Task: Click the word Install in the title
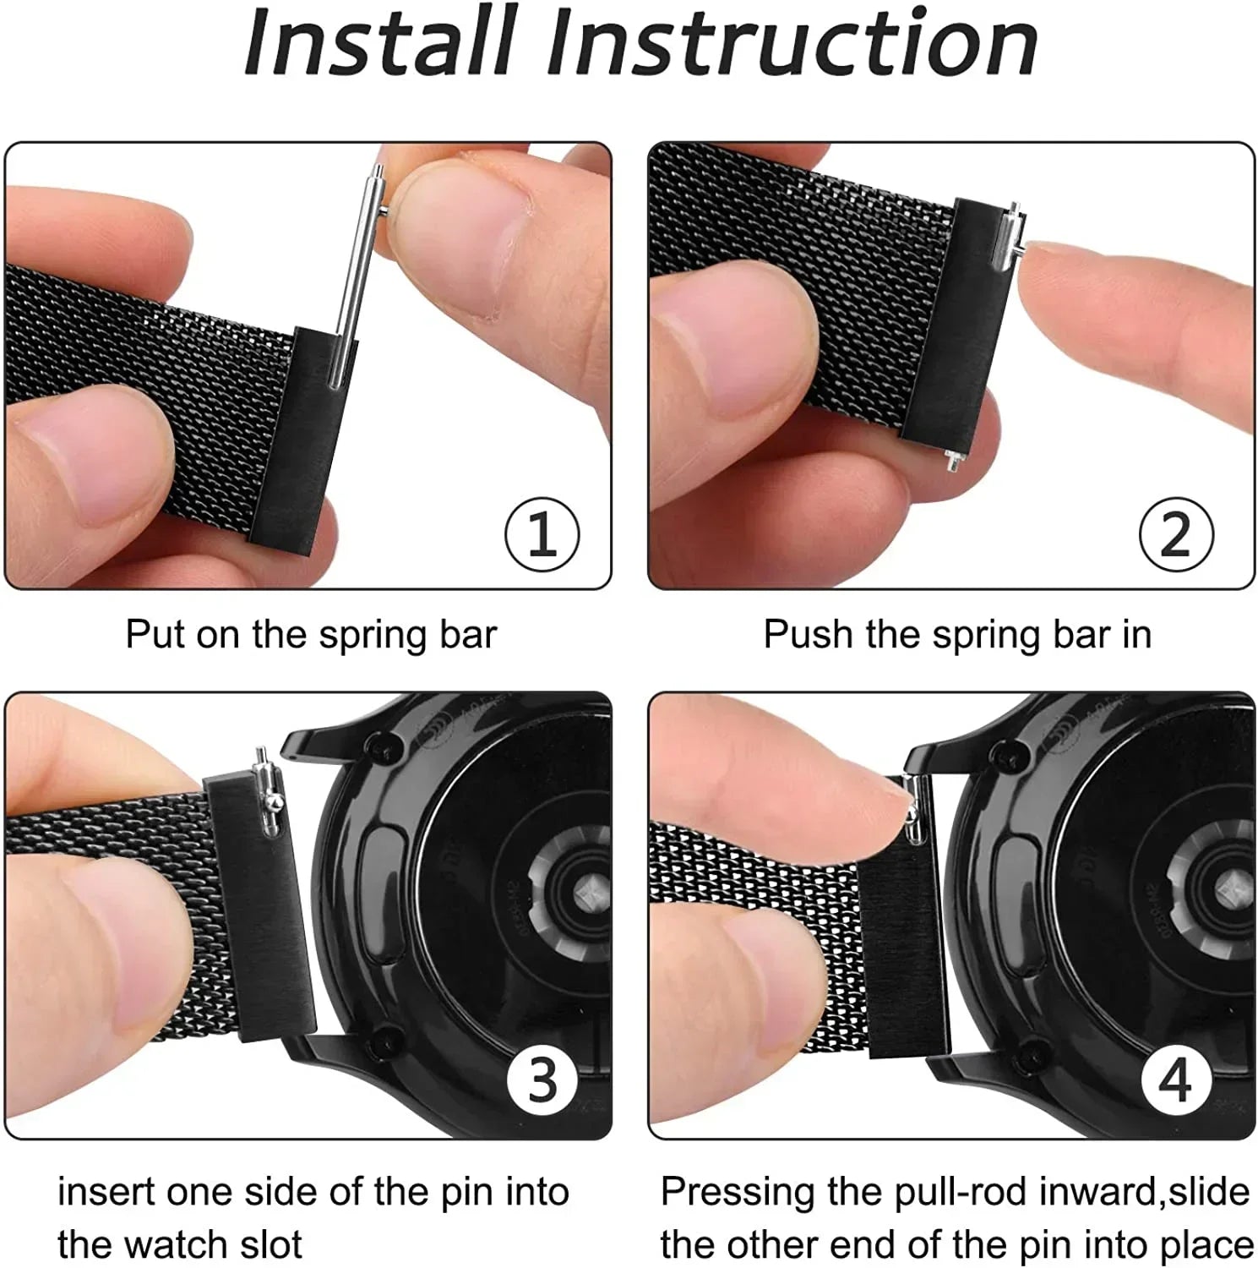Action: pos(380,42)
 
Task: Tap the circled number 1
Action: pos(542,534)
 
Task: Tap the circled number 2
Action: pos(1175,534)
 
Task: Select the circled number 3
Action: pos(542,1080)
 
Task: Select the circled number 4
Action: pos(1175,1080)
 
